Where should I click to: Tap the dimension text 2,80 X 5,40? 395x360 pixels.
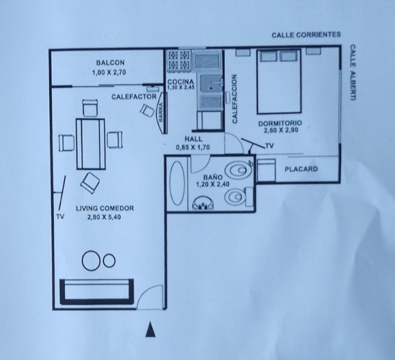[x=104, y=217]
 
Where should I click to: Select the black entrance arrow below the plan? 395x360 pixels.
[x=150, y=329]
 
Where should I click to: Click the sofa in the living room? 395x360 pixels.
[x=97, y=292]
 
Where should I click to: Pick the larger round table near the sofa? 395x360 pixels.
[x=90, y=260]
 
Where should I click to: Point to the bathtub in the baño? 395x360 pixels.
[x=177, y=183]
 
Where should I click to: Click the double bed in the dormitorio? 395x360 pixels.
[x=279, y=82]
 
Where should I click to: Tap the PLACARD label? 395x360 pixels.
[x=301, y=169]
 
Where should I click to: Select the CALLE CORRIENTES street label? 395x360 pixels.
[x=306, y=35]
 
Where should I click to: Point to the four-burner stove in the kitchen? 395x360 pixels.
[x=179, y=60]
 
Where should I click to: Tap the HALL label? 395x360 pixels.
[x=193, y=139]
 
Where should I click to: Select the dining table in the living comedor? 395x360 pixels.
[x=91, y=144]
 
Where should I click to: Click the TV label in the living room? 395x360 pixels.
[x=60, y=217]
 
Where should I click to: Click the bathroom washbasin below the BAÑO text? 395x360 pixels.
[x=203, y=203]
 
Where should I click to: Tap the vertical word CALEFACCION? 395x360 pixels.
[x=235, y=99]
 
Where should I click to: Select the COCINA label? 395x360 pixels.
[x=181, y=82]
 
